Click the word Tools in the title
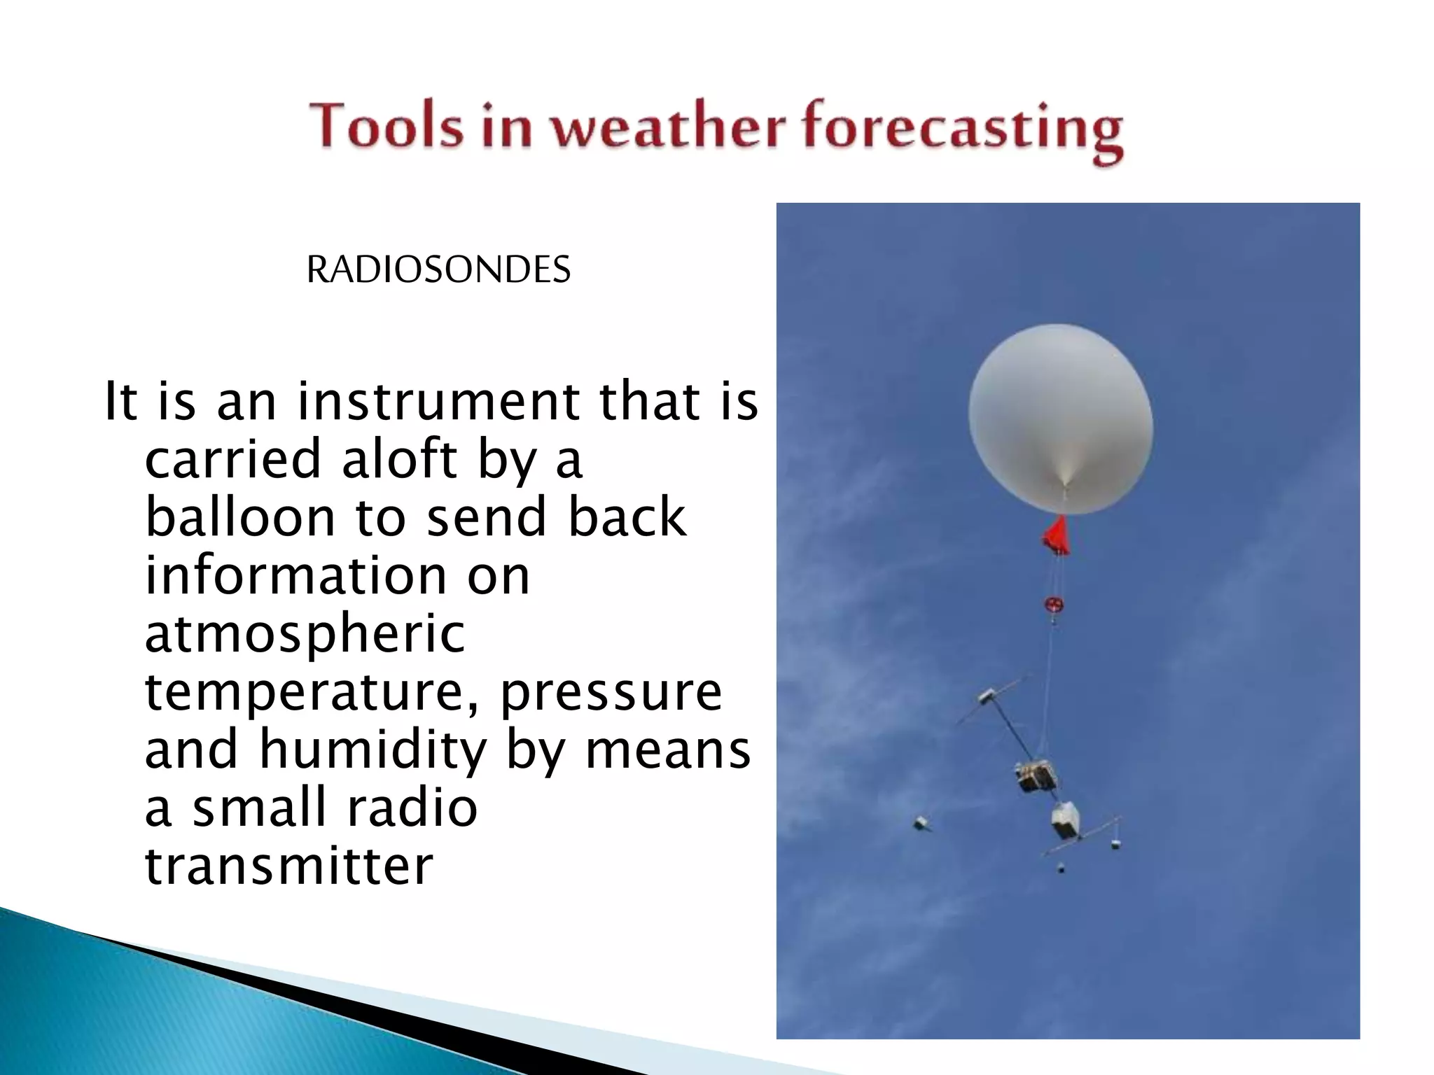tap(387, 127)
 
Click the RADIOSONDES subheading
tap(438, 269)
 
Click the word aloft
tap(399, 459)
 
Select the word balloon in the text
tap(240, 517)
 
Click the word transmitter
tap(288, 866)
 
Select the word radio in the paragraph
tap(412, 808)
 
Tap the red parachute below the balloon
tap(1057, 535)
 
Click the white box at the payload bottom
tap(1065, 820)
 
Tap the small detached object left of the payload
tap(921, 823)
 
